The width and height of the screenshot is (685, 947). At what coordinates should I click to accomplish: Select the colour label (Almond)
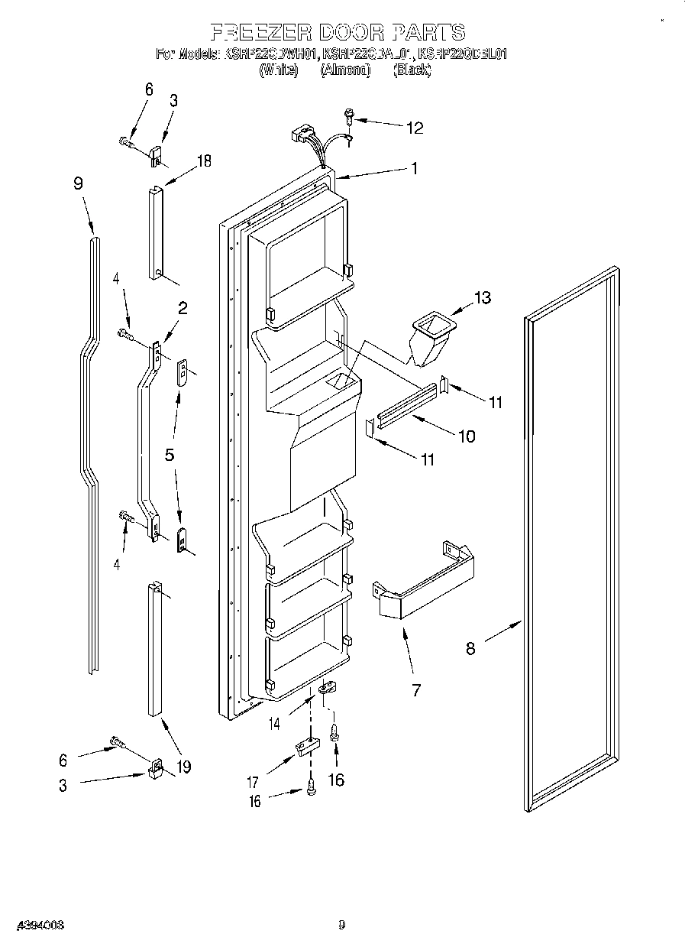coord(345,70)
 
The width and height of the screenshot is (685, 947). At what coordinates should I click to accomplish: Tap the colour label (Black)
coord(412,70)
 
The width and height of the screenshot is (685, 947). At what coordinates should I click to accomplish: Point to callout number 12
coord(414,128)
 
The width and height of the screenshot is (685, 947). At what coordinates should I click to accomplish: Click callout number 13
coord(483,297)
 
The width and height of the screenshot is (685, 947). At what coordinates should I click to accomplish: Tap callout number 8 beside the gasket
coord(470,648)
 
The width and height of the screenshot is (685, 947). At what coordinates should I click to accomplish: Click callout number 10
coord(466,436)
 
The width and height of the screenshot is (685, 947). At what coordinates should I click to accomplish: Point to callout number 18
coord(203,161)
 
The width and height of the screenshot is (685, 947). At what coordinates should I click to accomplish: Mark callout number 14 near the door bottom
coord(273,722)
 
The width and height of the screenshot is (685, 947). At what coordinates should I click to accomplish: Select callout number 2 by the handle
coord(183,308)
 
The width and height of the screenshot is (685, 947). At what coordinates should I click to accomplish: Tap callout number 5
coord(170,454)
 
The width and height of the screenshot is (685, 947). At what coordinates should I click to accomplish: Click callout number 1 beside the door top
coord(414,170)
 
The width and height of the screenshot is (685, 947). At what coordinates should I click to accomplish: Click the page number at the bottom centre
coord(341,925)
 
